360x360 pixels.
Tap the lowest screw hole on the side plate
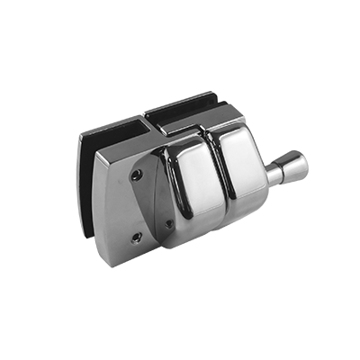136,238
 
